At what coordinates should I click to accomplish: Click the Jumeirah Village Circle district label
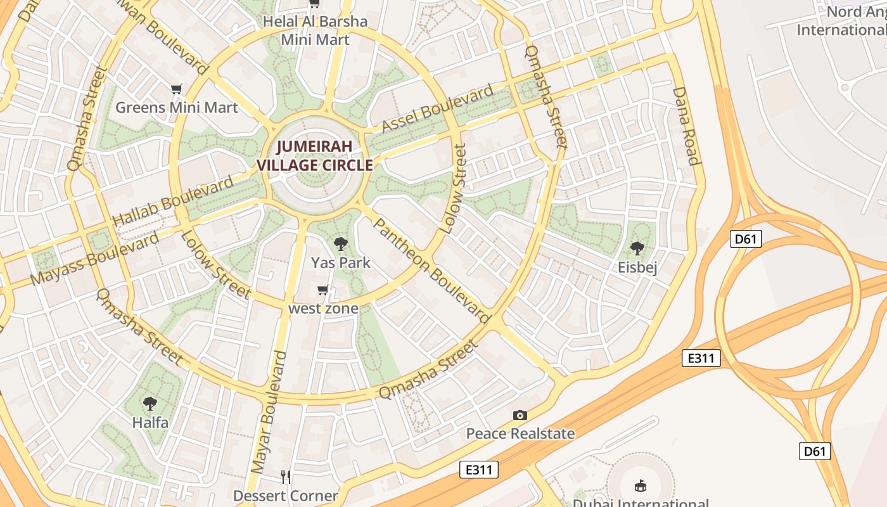pyautogui.click(x=314, y=156)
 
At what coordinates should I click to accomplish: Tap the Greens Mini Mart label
pyautogui.click(x=176, y=108)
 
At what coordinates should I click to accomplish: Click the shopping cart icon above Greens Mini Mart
pyautogui.click(x=176, y=89)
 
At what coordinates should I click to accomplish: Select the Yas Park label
pyautogui.click(x=340, y=262)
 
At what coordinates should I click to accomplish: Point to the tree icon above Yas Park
pyautogui.click(x=340, y=243)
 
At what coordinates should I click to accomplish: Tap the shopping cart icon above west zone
pyautogui.click(x=322, y=290)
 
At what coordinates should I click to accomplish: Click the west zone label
pyautogui.click(x=323, y=309)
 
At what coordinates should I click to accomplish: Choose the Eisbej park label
pyautogui.click(x=637, y=267)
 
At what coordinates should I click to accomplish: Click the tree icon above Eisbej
pyautogui.click(x=637, y=248)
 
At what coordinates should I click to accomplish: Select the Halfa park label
pyautogui.click(x=150, y=422)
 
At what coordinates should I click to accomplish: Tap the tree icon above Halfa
pyautogui.click(x=150, y=403)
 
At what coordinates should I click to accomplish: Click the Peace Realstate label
pyautogui.click(x=520, y=433)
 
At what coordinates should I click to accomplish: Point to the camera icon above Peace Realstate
pyautogui.click(x=520, y=415)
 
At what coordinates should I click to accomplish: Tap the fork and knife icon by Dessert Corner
pyautogui.click(x=286, y=476)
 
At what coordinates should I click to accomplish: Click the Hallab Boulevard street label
pyautogui.click(x=173, y=202)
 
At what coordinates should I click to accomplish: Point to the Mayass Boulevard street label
pyautogui.click(x=94, y=259)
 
